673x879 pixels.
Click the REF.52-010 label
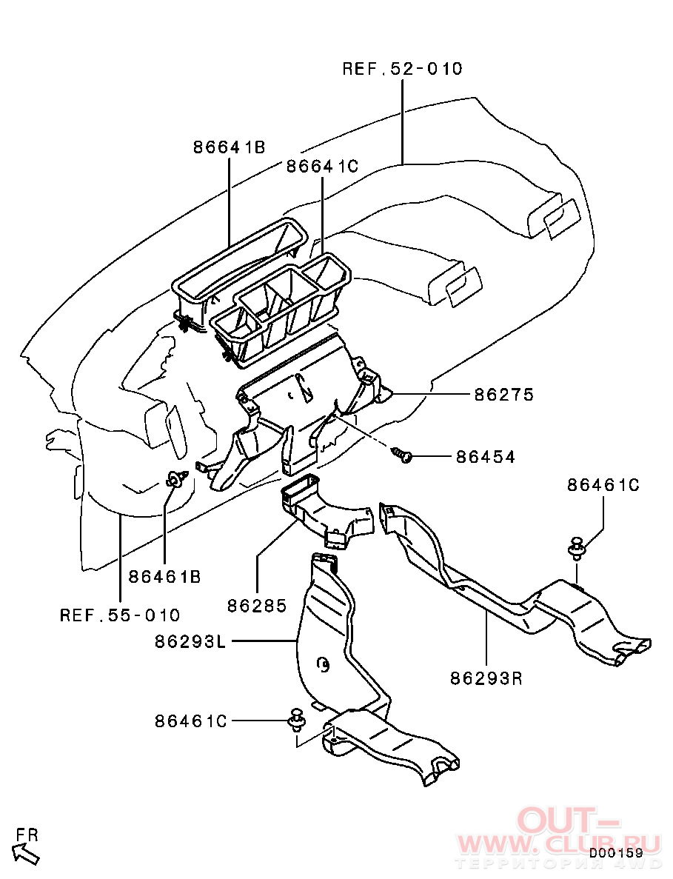click(x=402, y=68)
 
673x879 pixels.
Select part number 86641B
click(x=230, y=147)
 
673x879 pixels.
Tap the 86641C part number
click(x=322, y=166)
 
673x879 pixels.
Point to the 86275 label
click(x=504, y=394)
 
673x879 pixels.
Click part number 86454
click(x=485, y=457)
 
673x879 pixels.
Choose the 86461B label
click(x=165, y=576)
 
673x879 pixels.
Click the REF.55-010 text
click(x=120, y=615)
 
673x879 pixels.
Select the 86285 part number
click(x=257, y=606)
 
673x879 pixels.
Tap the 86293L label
click(x=190, y=641)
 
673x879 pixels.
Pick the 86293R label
click(x=486, y=678)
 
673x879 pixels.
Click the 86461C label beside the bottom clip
click(x=191, y=721)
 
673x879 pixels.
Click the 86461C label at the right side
click(x=603, y=484)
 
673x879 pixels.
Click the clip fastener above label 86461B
click(x=175, y=480)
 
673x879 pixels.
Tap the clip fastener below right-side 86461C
click(x=576, y=548)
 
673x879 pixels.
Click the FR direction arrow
click(x=26, y=854)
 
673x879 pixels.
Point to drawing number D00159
click(x=615, y=852)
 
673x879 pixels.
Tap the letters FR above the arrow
click(x=27, y=835)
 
